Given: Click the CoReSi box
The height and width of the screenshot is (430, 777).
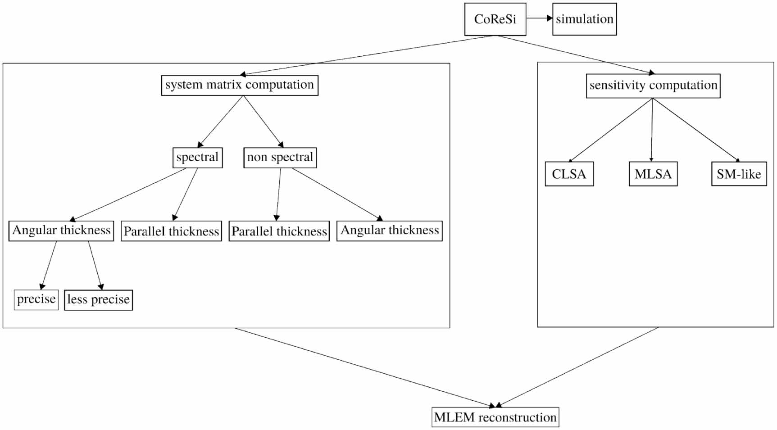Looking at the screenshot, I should coord(495,19).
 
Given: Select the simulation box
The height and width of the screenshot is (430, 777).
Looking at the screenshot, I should coord(584,19).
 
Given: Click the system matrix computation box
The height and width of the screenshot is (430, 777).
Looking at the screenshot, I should coord(240,85).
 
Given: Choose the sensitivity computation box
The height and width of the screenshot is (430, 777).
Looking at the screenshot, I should coord(653,86).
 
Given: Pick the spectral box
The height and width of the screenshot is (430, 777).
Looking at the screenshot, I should coord(197,158).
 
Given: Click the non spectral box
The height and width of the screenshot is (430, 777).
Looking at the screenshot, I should coord(280,158).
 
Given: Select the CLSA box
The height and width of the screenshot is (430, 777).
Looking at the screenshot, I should coord(569,174).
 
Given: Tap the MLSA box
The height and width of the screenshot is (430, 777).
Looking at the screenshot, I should coord(653,174).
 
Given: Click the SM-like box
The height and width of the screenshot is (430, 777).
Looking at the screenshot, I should coord(739,174).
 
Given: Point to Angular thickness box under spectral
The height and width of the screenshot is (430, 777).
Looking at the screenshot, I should coord(61,231).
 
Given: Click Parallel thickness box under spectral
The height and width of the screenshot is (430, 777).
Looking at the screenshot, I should coord(171,231).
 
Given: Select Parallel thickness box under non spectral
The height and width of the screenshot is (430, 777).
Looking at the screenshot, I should coord(279,231).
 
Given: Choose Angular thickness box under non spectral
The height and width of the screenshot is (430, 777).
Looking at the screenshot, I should coord(390,231).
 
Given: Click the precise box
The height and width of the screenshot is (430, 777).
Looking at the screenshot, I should coord(36,299).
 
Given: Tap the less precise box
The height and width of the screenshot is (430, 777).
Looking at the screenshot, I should coord(98,300).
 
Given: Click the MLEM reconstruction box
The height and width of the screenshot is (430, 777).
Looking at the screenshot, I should coord(495,417).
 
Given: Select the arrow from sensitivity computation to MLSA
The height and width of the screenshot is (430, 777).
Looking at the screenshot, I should coord(652,131).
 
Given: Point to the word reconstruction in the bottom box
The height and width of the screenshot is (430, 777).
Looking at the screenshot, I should coord(517,417).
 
